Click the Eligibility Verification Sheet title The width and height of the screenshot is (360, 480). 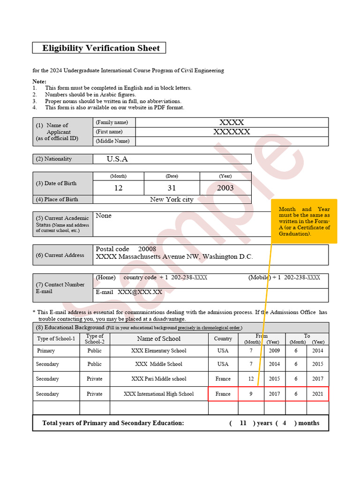click(x=101, y=48)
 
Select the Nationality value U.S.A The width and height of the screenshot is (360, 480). click(x=117, y=159)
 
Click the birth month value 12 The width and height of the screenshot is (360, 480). click(x=118, y=188)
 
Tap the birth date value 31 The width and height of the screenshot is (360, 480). click(x=172, y=188)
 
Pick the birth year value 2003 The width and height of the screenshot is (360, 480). click(x=225, y=188)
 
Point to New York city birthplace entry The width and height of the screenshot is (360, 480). click(x=172, y=199)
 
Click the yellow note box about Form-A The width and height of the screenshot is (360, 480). click(x=304, y=221)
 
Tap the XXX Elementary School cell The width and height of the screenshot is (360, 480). click(x=158, y=351)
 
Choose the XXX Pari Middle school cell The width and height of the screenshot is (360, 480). click(x=158, y=379)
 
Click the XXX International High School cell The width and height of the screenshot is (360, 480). click(x=158, y=394)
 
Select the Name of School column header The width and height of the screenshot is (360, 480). click(x=158, y=338)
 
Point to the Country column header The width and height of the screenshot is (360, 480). click(x=223, y=338)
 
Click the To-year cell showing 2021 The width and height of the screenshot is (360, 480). click(x=318, y=394)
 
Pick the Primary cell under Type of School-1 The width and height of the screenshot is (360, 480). click(x=46, y=351)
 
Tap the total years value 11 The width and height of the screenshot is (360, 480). click(x=243, y=423)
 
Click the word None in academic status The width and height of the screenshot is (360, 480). click(x=104, y=216)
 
